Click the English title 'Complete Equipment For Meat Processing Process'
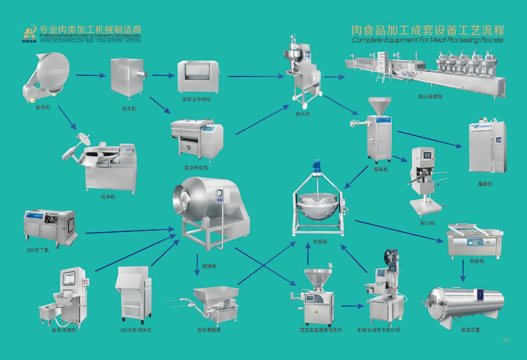click(427, 40)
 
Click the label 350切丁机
click(37, 250)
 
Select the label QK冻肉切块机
click(135, 330)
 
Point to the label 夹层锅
click(320, 242)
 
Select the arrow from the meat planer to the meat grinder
click(91, 76)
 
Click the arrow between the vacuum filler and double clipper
click(351, 306)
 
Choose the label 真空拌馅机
click(196, 168)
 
